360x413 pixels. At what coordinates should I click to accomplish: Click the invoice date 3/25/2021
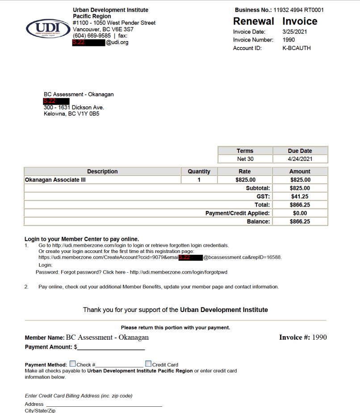[295, 32]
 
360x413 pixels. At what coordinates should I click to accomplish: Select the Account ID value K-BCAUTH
[297, 48]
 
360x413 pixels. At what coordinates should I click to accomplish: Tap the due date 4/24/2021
[300, 159]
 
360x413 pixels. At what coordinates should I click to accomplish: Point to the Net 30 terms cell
[245, 159]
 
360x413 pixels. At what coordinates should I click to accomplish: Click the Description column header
[102, 172]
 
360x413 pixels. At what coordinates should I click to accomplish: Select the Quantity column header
[199, 172]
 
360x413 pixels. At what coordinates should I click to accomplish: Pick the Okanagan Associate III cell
[55, 180]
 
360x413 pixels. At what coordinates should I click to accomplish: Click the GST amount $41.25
[300, 197]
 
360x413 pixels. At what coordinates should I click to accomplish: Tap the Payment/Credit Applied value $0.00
[300, 213]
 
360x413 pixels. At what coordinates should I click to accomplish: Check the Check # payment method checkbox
[72, 364]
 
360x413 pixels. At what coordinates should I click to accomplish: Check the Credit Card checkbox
[148, 364]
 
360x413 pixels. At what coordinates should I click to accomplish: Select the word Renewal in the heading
[254, 21]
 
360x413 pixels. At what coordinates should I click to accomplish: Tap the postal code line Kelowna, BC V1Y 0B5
[71, 114]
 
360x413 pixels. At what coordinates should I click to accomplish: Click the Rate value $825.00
[245, 180]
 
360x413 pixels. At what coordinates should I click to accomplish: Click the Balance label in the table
[259, 222]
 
